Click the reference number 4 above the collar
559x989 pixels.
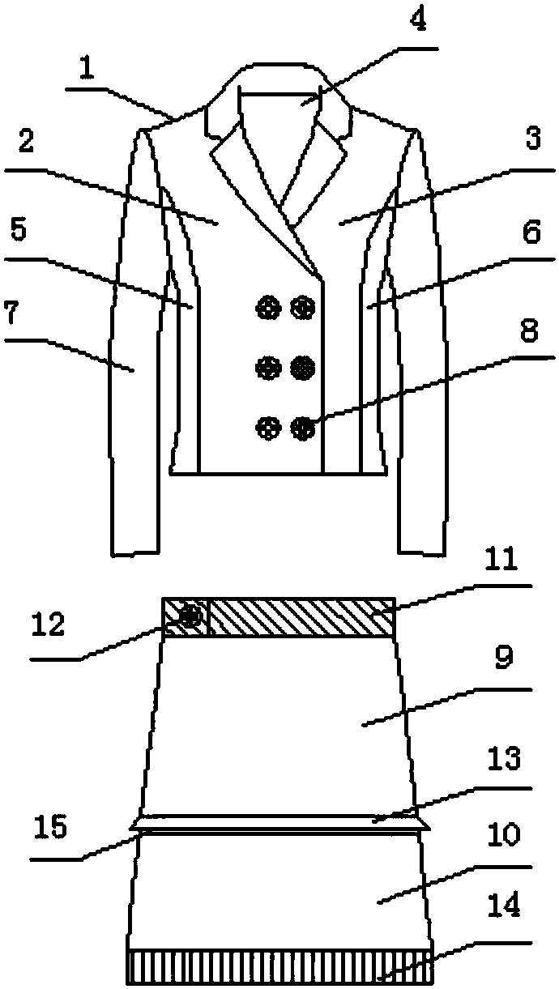point(418,20)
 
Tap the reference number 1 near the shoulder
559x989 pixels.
point(87,70)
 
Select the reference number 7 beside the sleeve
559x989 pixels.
point(12,313)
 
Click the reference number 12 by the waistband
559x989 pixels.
point(49,625)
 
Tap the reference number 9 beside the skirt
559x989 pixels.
point(503,658)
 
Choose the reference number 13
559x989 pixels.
point(504,758)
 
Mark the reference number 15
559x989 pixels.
point(51,825)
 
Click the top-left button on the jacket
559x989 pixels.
point(268,308)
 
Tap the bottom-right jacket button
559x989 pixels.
point(303,428)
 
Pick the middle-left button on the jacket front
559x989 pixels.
point(268,368)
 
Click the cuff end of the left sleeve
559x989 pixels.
point(135,552)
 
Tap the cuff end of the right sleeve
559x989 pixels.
point(420,552)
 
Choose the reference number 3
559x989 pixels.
point(533,139)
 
